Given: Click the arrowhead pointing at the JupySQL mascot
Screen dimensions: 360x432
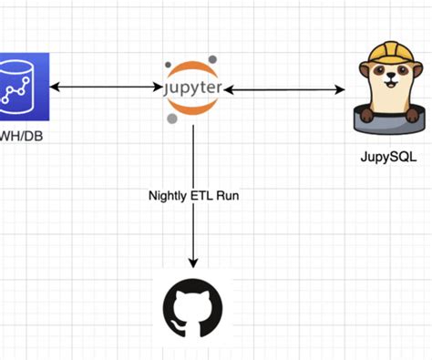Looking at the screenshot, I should point(342,89).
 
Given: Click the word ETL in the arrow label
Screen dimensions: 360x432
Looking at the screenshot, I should point(208,196).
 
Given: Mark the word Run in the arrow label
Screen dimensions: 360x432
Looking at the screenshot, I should point(233,196).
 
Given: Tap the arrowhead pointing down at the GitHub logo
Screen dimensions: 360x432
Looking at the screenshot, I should point(193,261).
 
